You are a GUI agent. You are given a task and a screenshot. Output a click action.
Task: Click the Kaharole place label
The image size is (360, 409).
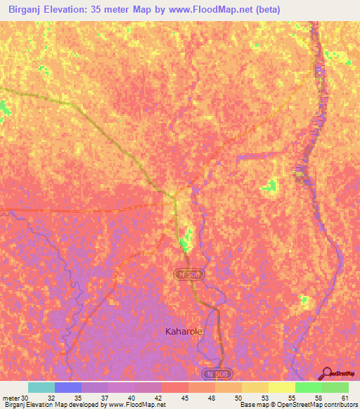[184, 330]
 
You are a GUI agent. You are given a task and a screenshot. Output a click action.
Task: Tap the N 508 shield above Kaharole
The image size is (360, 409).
[189, 274]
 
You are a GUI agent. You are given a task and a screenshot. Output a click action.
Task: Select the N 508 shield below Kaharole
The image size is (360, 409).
[214, 372]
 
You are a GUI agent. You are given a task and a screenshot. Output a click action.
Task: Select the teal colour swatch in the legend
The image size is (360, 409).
[41, 387]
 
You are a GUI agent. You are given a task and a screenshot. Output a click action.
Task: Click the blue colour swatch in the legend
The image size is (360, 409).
[68, 387]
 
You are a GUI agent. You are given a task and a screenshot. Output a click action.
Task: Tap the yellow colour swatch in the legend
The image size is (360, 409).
[282, 387]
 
